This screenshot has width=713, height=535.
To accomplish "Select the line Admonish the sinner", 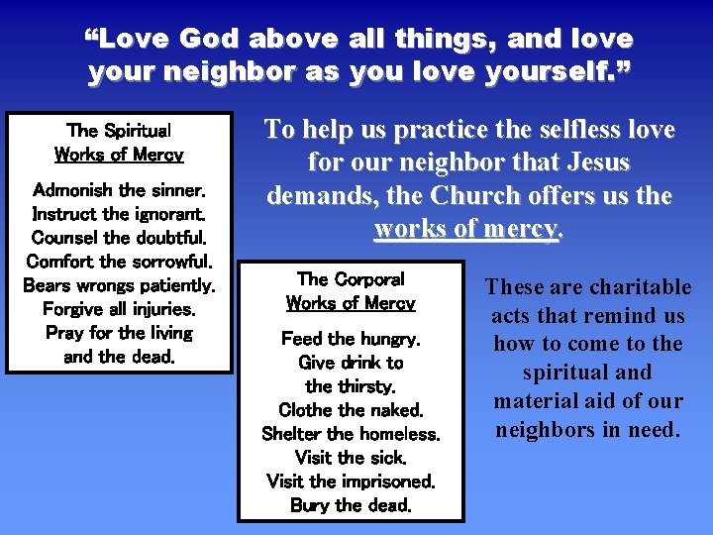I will [x=119, y=190].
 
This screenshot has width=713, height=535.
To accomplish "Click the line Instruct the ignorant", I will [x=119, y=214].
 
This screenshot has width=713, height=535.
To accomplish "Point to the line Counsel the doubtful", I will [x=119, y=238].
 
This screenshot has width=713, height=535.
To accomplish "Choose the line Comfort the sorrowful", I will [x=119, y=262].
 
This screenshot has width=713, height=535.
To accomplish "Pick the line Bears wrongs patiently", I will [x=119, y=285].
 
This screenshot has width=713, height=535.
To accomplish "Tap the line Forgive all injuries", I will [x=119, y=309].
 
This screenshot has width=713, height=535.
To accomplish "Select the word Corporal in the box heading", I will [x=365, y=279].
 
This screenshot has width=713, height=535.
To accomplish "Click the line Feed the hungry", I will [x=351, y=339].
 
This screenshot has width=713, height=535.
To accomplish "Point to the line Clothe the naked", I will [x=351, y=410].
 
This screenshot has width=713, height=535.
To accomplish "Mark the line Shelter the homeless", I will [x=351, y=434].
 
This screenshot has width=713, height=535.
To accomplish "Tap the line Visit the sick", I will [x=351, y=458].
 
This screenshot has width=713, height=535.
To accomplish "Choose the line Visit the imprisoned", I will [x=351, y=481].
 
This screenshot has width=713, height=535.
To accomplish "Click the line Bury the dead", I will [x=351, y=505].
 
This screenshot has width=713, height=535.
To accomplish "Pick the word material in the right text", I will [x=535, y=402].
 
